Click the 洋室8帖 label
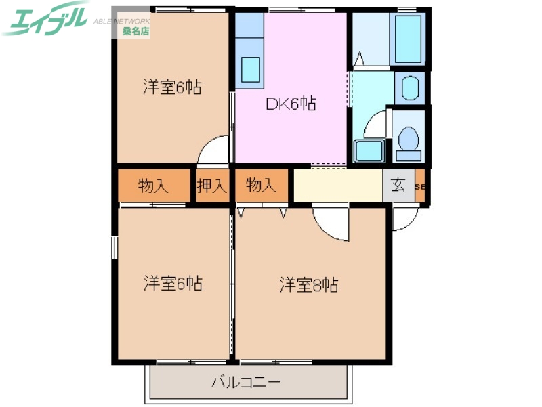pyautogui.click(x=309, y=285)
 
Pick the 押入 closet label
pyautogui.click(x=212, y=186)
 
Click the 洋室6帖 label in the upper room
pyautogui.click(x=172, y=88)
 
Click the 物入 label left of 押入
pyautogui.click(x=153, y=186)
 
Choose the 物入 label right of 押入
pyautogui.click(x=261, y=186)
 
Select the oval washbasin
pyautogui.click(x=410, y=88)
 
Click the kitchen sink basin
pyautogui.click(x=250, y=68)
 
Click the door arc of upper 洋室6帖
pyautogui.click(x=215, y=150)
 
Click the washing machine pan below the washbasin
pyautogui.click(x=369, y=151)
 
